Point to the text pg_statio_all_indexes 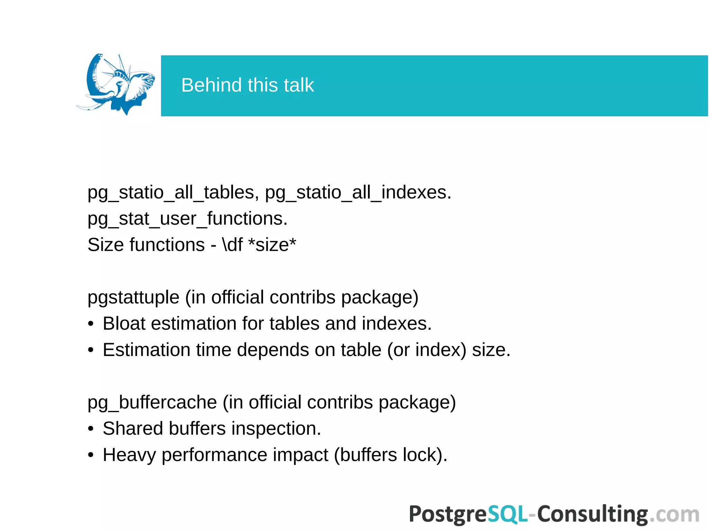pos(358,193)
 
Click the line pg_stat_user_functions pos(187,219)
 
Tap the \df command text pos(232,245)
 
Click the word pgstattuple pos(133,297)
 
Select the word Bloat pos(124,324)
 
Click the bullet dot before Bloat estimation pos(91,324)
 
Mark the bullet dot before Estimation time pos(91,350)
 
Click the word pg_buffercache pos(152,403)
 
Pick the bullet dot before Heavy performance pos(91,455)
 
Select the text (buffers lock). pos(391,455)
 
